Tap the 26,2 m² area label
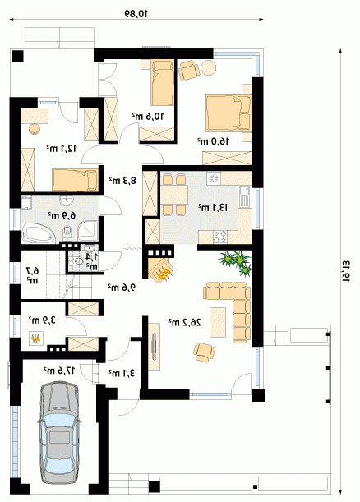coord(185,322)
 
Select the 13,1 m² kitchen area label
coord(213,208)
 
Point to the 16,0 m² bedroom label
coord(213,140)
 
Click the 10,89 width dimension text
coord(136,13)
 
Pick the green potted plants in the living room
coord(235,262)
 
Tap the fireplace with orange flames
coord(161,269)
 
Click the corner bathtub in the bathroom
coord(39,234)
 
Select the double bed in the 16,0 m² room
coord(228,113)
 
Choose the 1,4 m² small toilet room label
coord(91,261)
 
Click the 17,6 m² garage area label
coord(59,371)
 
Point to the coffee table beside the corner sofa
coord(218,322)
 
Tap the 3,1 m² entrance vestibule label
coord(122,373)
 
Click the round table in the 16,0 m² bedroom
coord(209,67)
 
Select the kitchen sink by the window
coord(244,196)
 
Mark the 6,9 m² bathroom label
coord(62,215)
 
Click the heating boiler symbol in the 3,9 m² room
coord(36,338)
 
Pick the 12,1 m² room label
coord(62,148)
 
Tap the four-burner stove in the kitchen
coord(220,237)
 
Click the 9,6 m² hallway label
coord(122,288)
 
